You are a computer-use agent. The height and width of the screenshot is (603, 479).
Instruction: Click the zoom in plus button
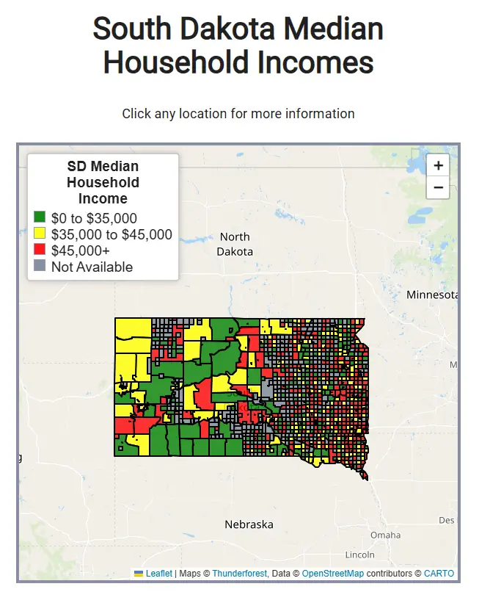(438, 166)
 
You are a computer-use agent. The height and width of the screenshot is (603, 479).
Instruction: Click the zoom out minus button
(438, 188)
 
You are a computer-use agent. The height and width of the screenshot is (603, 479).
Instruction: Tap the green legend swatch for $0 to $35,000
(40, 217)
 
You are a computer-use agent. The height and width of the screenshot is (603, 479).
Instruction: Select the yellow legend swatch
(40, 234)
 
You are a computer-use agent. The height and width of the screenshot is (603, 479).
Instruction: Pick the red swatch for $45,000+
(40, 250)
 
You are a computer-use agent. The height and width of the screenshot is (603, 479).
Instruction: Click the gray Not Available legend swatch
(40, 266)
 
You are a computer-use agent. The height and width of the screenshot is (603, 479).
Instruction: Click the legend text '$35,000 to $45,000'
(111, 234)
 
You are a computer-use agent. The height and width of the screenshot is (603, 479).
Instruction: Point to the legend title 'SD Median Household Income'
(103, 183)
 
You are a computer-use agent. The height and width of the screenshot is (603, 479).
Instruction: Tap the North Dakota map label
(235, 244)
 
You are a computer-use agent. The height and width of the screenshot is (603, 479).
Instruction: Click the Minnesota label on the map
(432, 295)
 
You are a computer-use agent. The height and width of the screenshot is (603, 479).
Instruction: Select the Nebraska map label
(249, 524)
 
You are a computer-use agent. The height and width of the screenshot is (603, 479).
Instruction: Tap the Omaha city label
(386, 535)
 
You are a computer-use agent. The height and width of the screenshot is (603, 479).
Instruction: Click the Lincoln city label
(359, 555)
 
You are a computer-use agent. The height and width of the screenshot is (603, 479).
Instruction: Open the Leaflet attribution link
(158, 573)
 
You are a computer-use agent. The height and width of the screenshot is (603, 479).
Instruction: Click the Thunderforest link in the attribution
(239, 573)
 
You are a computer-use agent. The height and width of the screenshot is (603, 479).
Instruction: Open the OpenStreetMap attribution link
(333, 573)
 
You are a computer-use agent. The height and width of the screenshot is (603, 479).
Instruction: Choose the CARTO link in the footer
(439, 573)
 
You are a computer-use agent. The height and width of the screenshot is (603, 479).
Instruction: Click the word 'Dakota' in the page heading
(224, 29)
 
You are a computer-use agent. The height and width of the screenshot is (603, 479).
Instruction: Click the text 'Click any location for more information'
(238, 114)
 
